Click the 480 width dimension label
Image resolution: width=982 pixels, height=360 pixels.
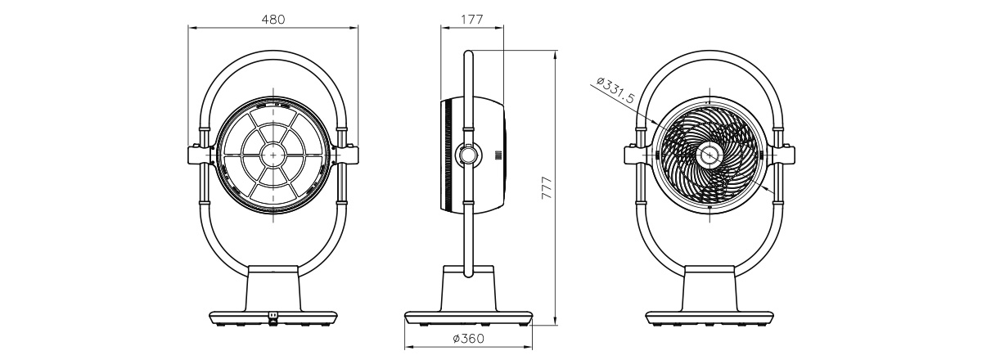click(x=273, y=20)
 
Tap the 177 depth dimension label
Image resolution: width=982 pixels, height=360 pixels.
click(x=472, y=20)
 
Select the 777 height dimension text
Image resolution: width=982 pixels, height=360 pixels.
click(x=547, y=188)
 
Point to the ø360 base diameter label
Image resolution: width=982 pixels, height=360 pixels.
click(x=468, y=339)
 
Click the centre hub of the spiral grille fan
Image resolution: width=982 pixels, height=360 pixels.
click(x=709, y=155)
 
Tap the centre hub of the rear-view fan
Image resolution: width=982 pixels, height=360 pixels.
click(x=273, y=155)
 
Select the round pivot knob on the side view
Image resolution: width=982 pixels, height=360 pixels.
click(x=468, y=155)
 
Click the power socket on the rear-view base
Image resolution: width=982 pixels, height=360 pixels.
click(x=273, y=316)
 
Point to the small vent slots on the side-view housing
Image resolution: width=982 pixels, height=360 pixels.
click(x=498, y=155)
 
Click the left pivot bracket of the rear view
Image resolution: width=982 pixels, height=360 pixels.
click(x=200, y=155)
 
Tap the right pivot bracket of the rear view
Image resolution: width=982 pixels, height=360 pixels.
click(x=347, y=155)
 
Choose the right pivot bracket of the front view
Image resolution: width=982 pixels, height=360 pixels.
click(x=783, y=155)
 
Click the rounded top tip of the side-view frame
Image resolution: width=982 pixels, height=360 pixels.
click(x=468, y=52)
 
